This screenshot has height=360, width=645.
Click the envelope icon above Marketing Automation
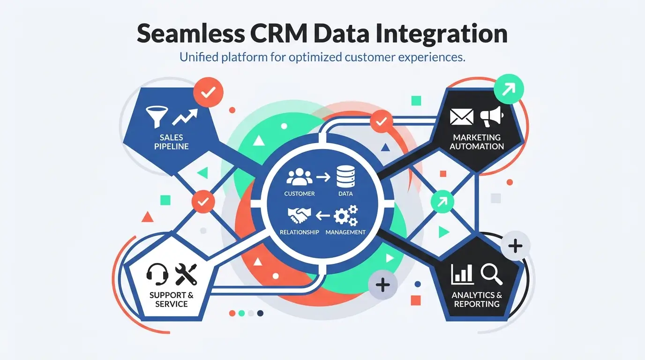(461, 117)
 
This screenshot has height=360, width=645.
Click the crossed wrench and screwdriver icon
(186, 274)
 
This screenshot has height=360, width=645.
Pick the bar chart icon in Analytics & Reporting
(462, 274)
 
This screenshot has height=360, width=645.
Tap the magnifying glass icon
(491, 274)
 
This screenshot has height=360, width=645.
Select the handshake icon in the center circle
(299, 216)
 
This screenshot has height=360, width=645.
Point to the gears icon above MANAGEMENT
(345, 216)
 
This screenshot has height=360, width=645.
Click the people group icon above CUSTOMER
(299, 178)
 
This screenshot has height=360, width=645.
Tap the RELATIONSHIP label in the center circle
(299, 232)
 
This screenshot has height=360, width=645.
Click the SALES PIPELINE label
(172, 142)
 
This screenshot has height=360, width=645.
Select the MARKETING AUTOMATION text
(477, 142)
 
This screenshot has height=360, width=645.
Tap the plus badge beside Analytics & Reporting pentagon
(515, 246)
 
